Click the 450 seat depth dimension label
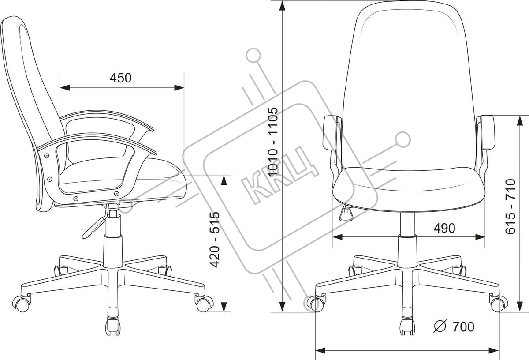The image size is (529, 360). coord(120,78)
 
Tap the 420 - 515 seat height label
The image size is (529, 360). coord(215,240)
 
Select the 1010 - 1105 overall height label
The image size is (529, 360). coord(273,142)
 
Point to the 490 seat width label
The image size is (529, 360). coord(444,228)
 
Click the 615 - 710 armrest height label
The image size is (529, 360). coord(510,206)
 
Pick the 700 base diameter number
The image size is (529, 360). coord(463,327)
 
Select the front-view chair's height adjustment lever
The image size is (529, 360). coord(346,214)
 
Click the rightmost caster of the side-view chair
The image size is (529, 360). coord(204,303)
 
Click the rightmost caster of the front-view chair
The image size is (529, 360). coord(498,304)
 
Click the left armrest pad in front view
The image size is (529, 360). coord(332,132)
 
